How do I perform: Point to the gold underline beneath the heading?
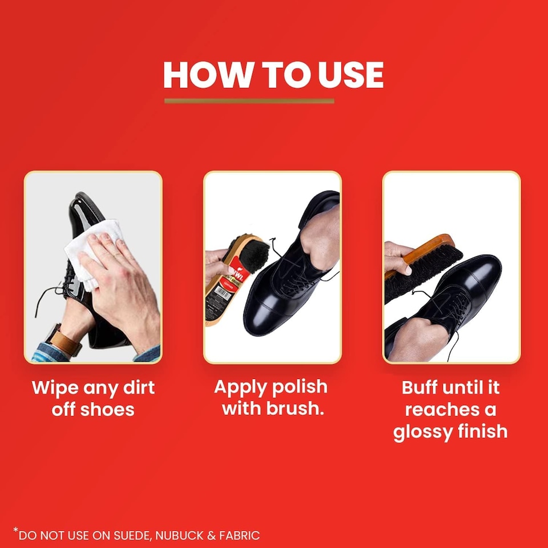tap(249, 101)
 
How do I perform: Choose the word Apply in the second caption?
tap(240, 388)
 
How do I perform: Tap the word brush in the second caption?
tap(295, 408)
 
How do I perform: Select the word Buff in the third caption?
tap(421, 388)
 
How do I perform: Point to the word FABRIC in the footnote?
tap(237, 535)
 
